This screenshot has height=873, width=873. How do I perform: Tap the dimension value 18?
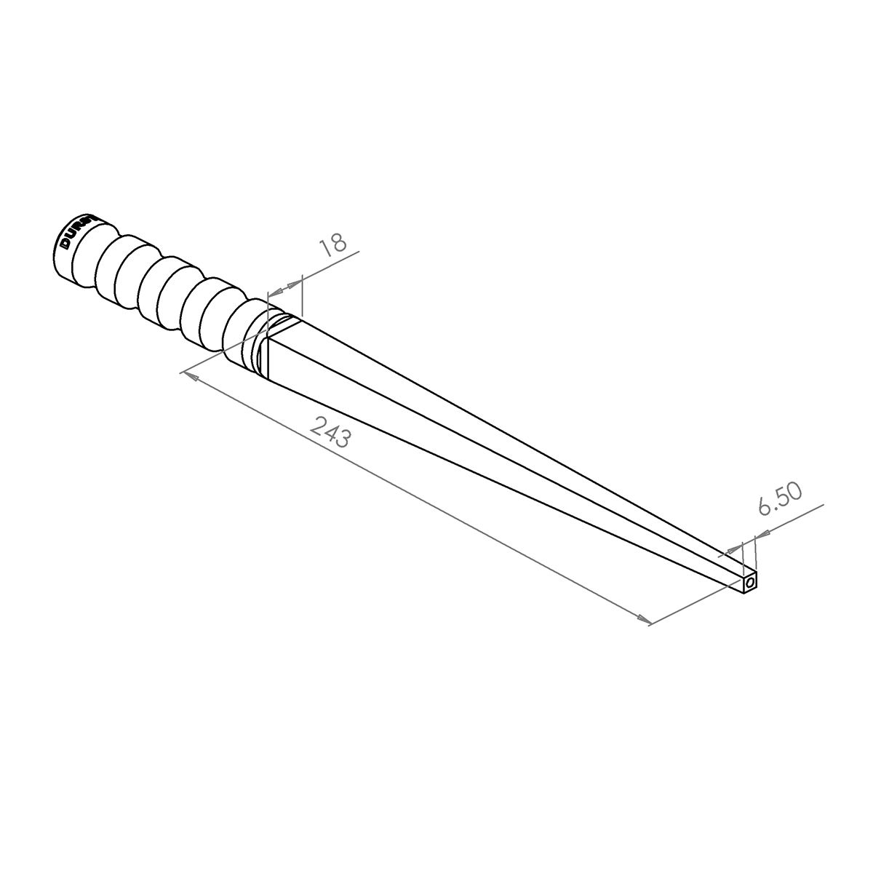334,244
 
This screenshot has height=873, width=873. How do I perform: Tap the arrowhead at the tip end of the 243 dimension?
644,620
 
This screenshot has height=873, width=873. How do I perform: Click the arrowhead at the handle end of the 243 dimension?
188,376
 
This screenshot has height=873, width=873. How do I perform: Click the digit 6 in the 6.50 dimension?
764,506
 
